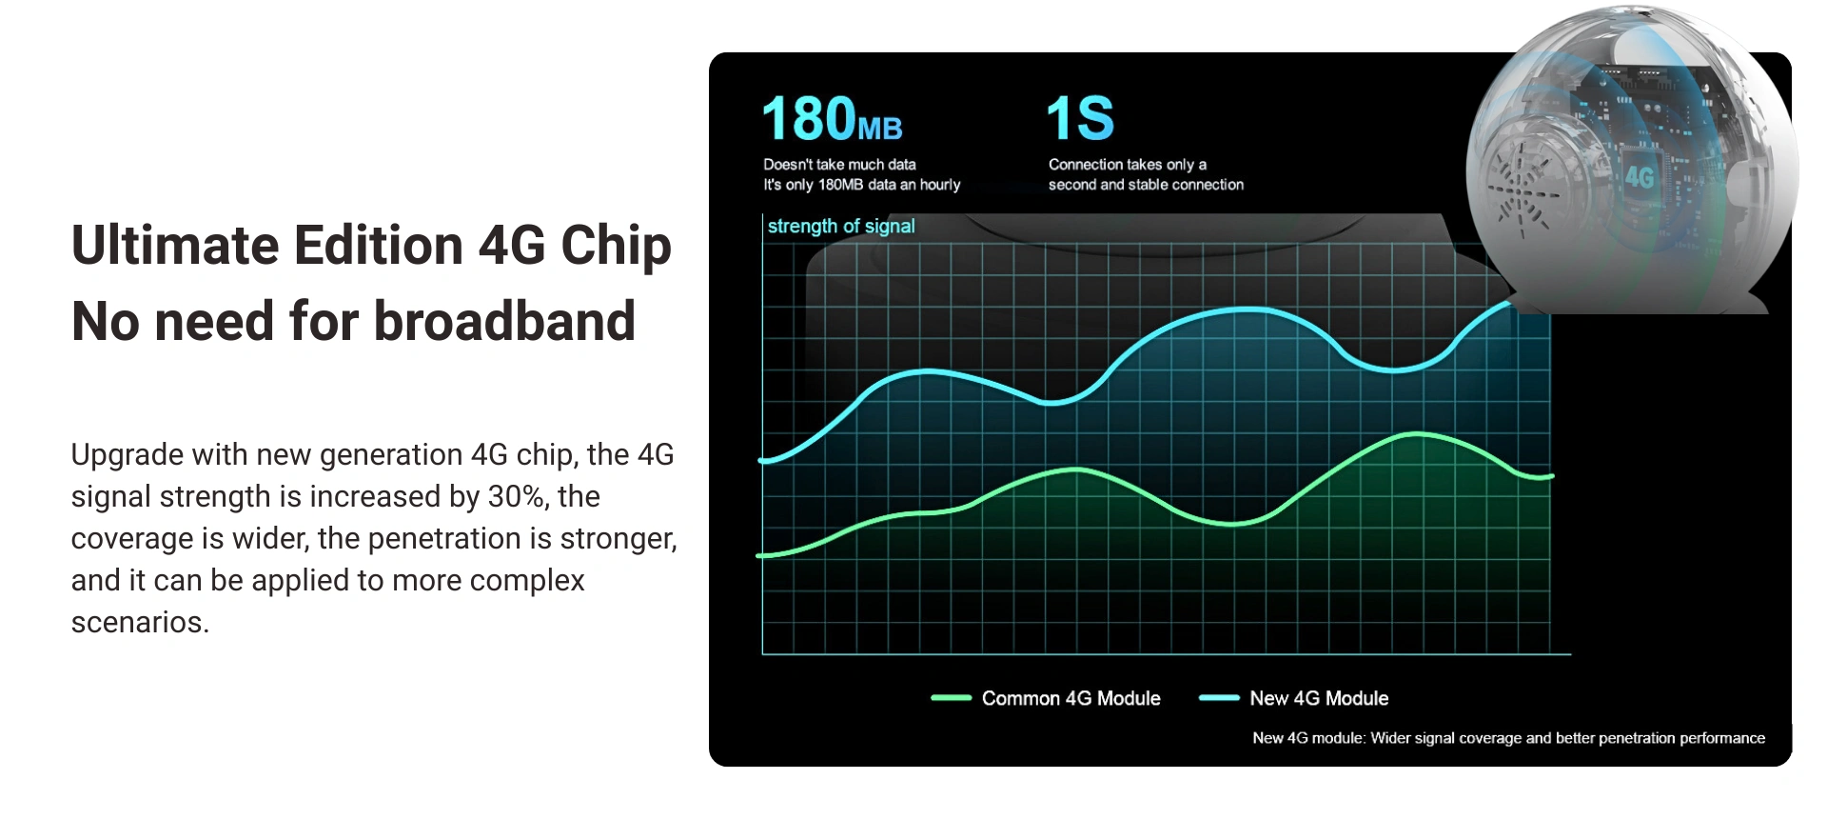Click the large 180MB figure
tap(832, 118)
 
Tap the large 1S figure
tap(1080, 118)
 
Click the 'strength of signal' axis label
tap(841, 227)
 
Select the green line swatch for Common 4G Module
tap(951, 698)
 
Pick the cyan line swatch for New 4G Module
tap(1219, 698)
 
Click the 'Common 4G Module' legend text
tap(1071, 698)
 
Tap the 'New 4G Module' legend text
tap(1319, 698)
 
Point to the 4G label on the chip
tap(1640, 177)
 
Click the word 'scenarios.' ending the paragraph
tap(140, 622)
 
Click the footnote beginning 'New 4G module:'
tap(1508, 738)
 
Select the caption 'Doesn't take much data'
tap(839, 165)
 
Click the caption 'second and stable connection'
tap(1146, 185)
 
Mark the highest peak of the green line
tap(1418, 434)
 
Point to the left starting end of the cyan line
tap(762, 461)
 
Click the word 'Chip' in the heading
tap(616, 246)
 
